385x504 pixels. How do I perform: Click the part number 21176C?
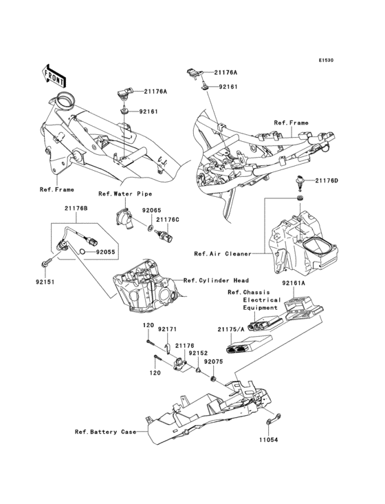(167, 220)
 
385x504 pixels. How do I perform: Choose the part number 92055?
(104, 253)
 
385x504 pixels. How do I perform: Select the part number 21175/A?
(232, 330)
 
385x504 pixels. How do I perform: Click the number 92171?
(168, 330)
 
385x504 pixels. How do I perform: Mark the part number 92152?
(199, 353)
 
